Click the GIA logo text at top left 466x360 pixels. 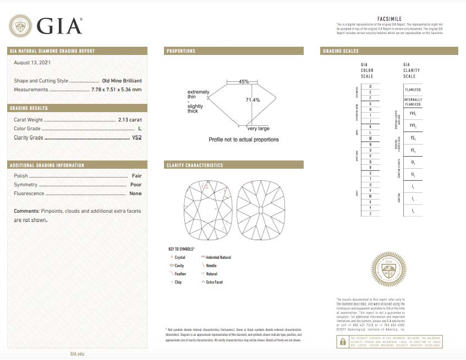(59, 25)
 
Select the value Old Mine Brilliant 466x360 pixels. (122, 80)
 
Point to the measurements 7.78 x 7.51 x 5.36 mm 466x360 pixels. (116, 89)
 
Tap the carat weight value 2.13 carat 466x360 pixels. (130, 119)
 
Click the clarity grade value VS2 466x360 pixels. (136, 137)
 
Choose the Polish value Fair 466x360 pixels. (136, 176)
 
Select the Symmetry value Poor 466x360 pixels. (135, 185)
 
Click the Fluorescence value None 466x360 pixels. (135, 193)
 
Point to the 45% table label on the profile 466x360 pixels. (244, 81)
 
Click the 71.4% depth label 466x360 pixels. (253, 100)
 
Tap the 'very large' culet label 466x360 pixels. (258, 129)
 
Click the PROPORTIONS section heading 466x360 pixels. (181, 51)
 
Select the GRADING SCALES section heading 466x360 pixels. (340, 51)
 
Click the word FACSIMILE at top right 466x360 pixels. (390, 19)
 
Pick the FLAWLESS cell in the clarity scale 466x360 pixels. (413, 89)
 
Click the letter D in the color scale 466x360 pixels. (371, 87)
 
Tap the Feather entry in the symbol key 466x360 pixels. (180, 273)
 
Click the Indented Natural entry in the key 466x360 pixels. (218, 257)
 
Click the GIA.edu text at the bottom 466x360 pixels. (78, 355)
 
